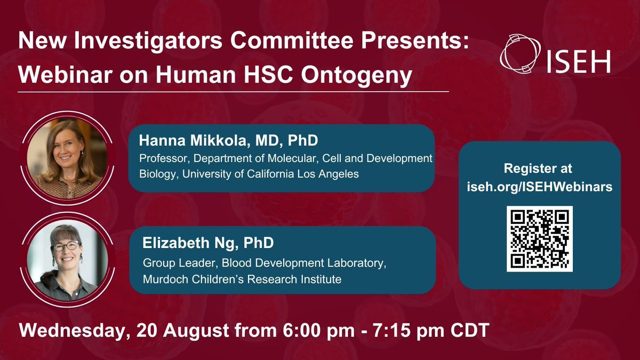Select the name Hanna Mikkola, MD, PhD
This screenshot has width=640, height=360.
coord(228,141)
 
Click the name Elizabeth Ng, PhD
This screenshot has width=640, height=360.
coord(208,243)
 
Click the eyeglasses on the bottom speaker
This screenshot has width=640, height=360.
coord(66,246)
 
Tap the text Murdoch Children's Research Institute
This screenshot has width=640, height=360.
coord(242,278)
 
